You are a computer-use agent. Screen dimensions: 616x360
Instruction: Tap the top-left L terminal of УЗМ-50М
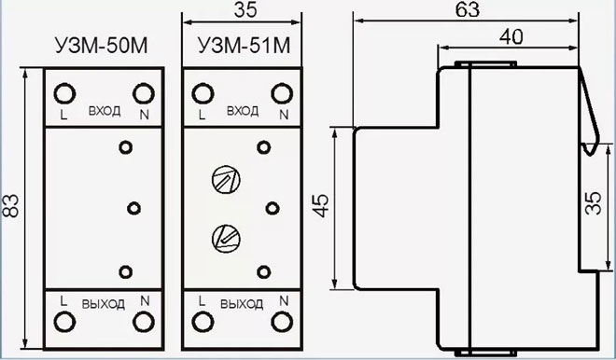[65, 93]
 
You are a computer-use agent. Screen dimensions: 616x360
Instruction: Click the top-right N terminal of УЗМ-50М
[143, 93]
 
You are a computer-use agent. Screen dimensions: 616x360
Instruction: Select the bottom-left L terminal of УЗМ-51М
[203, 321]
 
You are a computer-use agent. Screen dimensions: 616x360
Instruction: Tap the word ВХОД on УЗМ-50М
[104, 111]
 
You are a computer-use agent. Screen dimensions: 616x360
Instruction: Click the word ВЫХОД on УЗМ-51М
[242, 304]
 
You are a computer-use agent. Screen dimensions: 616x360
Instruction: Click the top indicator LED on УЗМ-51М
[264, 145]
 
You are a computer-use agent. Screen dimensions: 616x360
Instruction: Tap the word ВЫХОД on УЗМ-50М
[104, 303]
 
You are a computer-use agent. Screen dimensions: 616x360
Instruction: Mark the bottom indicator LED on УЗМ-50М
[126, 270]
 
